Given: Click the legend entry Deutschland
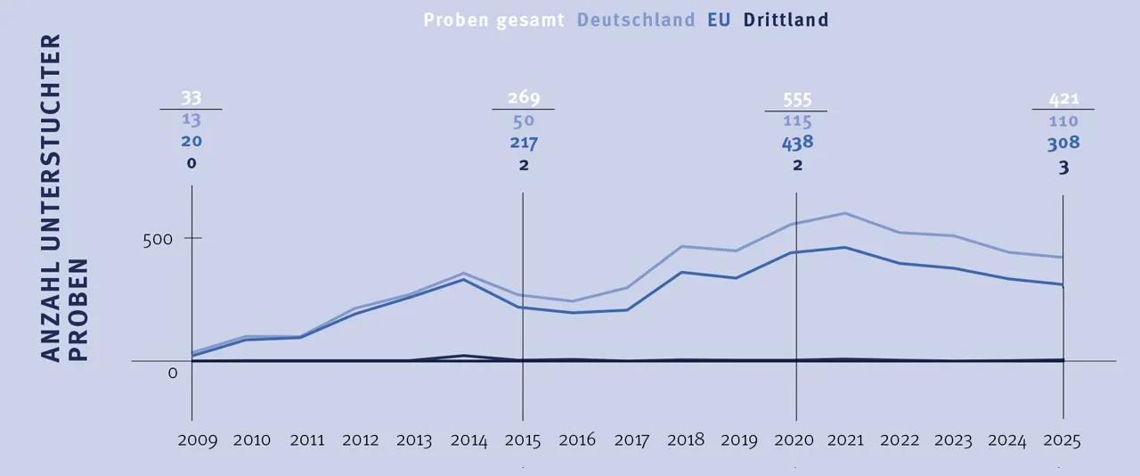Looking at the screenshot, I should [636, 20].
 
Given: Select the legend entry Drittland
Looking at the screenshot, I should [786, 20].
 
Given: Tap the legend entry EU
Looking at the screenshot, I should [719, 20].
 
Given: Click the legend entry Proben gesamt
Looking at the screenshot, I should [494, 20].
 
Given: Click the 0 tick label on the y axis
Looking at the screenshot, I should [173, 373].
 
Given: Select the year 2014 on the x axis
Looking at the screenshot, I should [468, 440].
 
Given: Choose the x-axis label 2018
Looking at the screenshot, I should [687, 440].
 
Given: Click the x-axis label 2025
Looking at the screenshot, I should [1061, 440].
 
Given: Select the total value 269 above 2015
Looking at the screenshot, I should [523, 98].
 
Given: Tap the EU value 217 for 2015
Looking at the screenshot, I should [523, 143].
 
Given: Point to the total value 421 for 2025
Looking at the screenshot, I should [1063, 98].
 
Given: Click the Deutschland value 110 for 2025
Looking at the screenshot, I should [1063, 121].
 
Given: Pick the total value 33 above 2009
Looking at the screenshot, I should [191, 98].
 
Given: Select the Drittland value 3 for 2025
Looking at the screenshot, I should [1063, 166].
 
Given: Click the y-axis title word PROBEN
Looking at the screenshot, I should [78, 310].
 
